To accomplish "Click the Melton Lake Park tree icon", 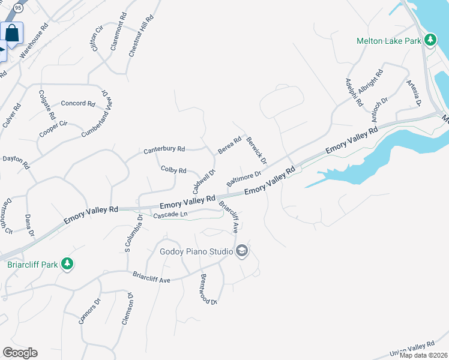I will click(x=430, y=41).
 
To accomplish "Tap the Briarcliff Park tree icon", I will click(x=67, y=263).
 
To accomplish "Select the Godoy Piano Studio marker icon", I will click(x=242, y=251).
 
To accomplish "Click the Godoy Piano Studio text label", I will click(x=196, y=251).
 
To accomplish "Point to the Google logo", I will click(x=20, y=353).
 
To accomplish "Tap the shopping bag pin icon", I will click(x=12, y=34).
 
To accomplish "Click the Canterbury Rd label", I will click(x=164, y=149).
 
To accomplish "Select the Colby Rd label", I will click(x=173, y=170).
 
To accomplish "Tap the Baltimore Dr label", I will click(x=244, y=179).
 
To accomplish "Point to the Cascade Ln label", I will click(x=171, y=215).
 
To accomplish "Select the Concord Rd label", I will click(x=78, y=103).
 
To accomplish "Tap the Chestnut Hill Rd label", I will click(x=141, y=36).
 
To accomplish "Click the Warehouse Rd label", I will click(x=34, y=41).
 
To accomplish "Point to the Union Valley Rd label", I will click(x=411, y=347).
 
